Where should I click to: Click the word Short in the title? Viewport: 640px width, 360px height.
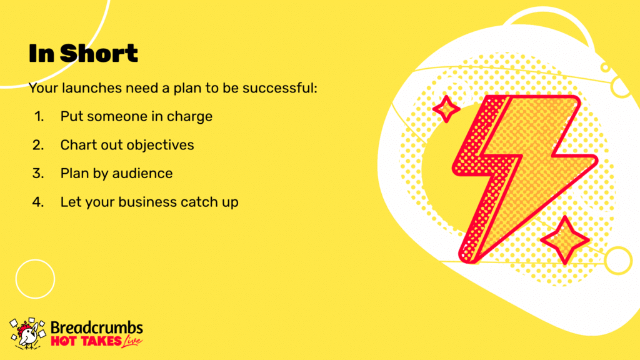click(99, 53)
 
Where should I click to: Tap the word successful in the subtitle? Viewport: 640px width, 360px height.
click(279, 87)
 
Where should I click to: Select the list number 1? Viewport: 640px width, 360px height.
click(39, 116)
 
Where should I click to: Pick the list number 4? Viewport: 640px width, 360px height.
click(38, 202)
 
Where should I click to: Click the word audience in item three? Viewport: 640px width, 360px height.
click(142, 174)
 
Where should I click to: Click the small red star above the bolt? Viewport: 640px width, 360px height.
click(446, 109)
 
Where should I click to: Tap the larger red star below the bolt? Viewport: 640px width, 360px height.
click(565, 241)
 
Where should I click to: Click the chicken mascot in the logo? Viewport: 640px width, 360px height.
click(27, 334)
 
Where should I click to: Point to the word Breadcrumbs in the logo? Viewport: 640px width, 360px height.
click(97, 327)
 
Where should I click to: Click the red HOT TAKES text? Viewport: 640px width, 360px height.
click(86, 341)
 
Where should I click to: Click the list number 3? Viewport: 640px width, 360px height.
click(38, 174)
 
